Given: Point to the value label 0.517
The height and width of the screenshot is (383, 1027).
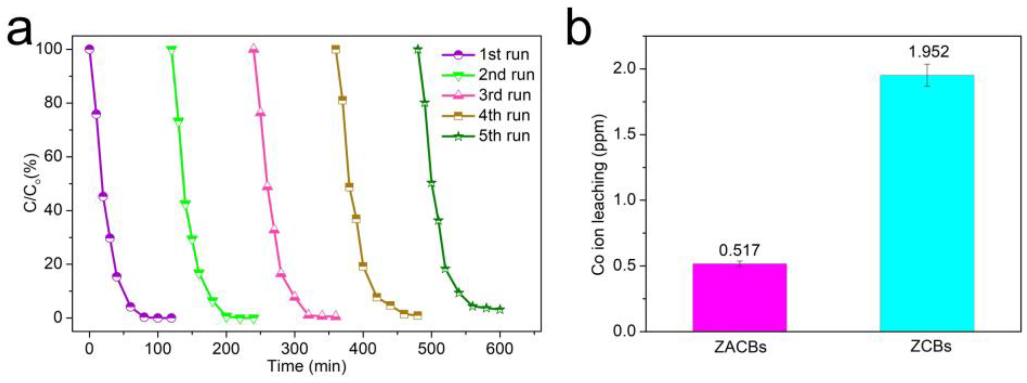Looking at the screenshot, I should tap(740, 250).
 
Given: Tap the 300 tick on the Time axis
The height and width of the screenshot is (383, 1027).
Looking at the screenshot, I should tap(294, 349).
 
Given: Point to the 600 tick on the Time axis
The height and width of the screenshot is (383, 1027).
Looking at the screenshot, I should tap(499, 349).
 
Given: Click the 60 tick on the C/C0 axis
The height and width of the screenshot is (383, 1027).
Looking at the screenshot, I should tap(53, 157).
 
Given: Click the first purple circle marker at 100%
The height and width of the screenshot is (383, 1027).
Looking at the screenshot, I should tap(89, 49).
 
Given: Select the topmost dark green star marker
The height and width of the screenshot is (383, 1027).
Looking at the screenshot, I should tap(418, 49).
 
